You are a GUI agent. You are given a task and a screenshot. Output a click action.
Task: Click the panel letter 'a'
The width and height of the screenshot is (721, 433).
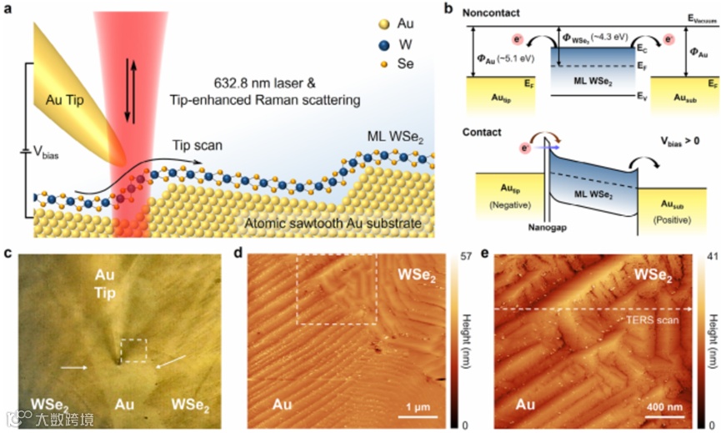tap(8, 10)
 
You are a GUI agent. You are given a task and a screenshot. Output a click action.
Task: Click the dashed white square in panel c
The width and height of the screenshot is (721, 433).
tap(133, 350)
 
